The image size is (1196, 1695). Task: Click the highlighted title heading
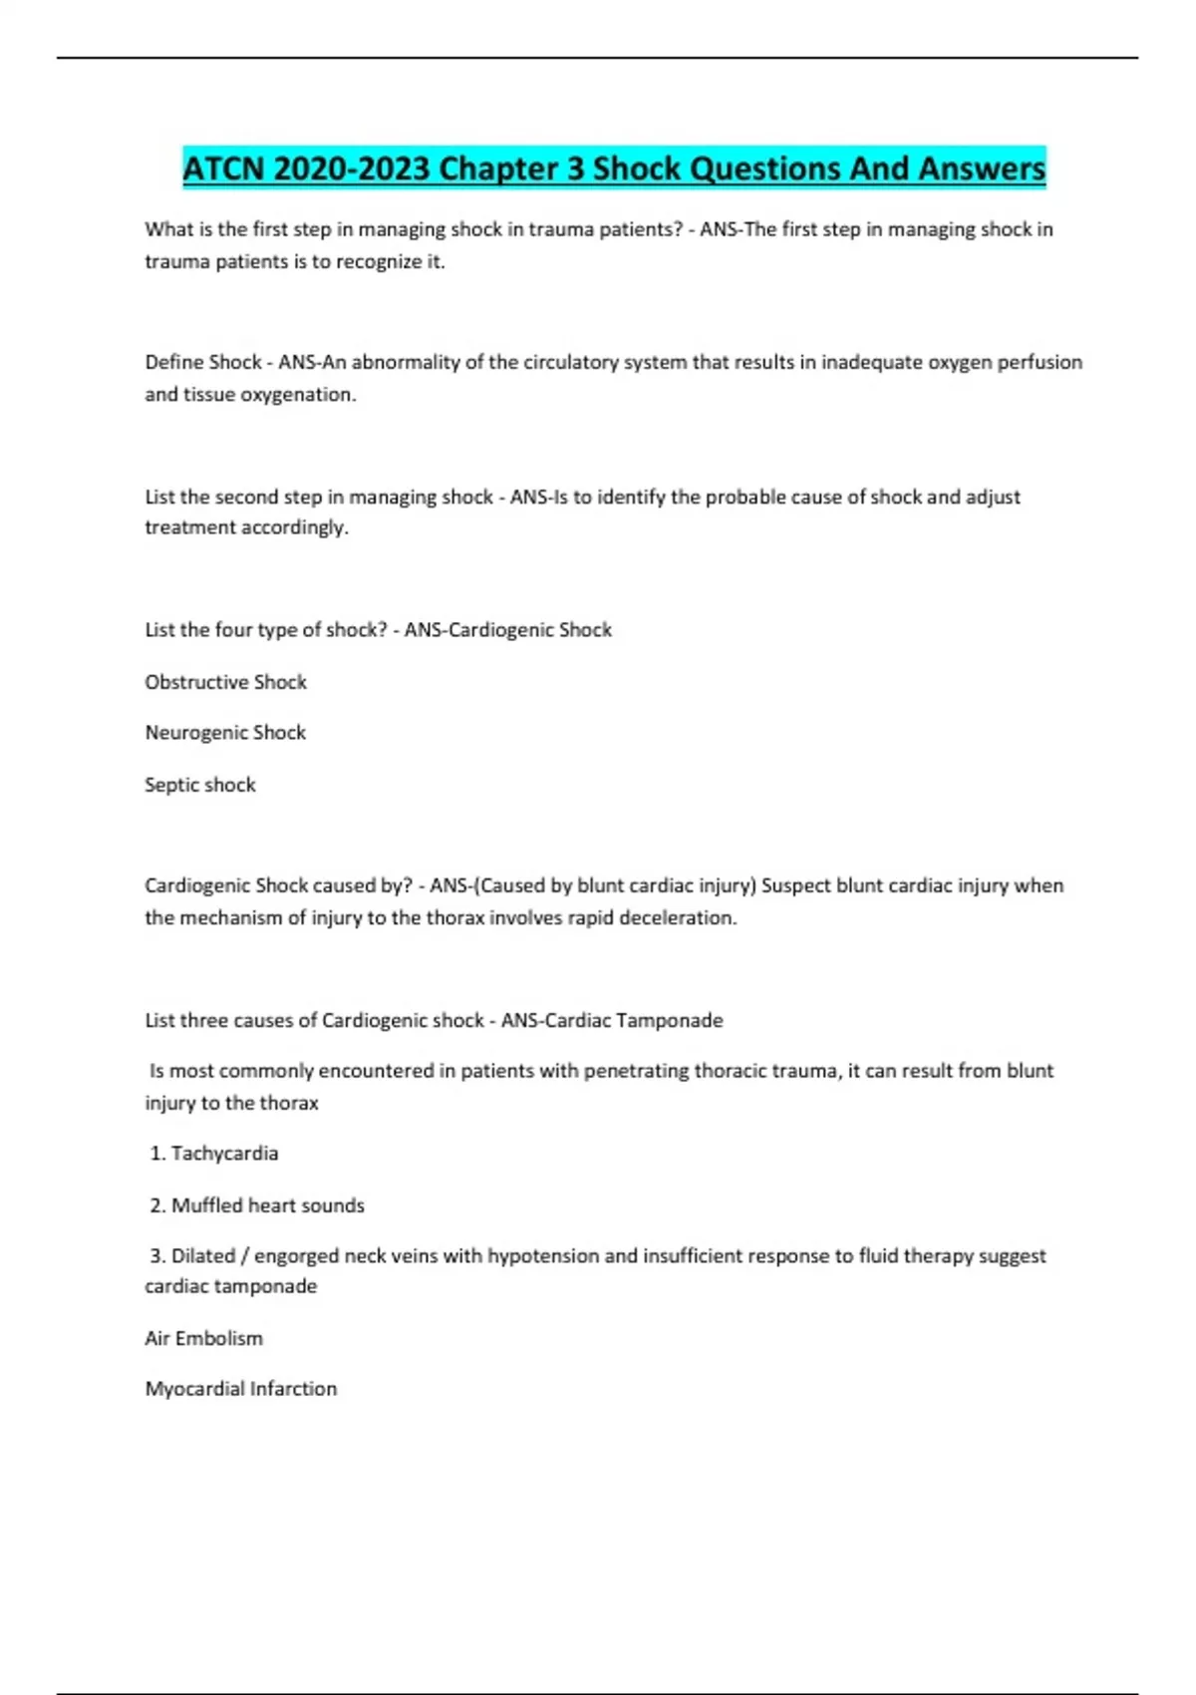click(x=614, y=168)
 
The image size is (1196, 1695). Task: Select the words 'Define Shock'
click(x=203, y=362)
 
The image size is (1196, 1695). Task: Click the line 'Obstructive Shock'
click(x=225, y=682)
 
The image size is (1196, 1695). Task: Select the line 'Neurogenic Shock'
click(x=225, y=733)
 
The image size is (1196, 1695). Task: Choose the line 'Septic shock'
click(x=200, y=785)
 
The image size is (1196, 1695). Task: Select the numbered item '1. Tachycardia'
click(x=214, y=1154)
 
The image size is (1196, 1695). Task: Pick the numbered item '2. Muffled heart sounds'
click(x=257, y=1205)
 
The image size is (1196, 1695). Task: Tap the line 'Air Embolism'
click(x=204, y=1338)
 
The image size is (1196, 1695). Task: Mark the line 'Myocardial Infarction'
click(x=241, y=1389)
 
